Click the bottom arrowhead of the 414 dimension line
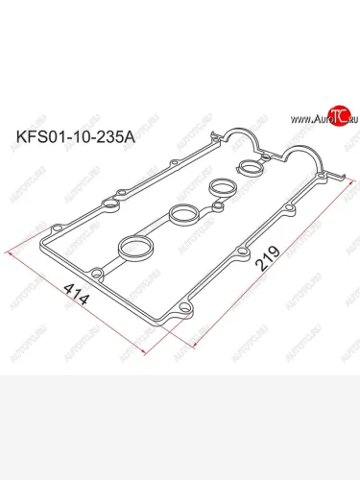tap(146, 355)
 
